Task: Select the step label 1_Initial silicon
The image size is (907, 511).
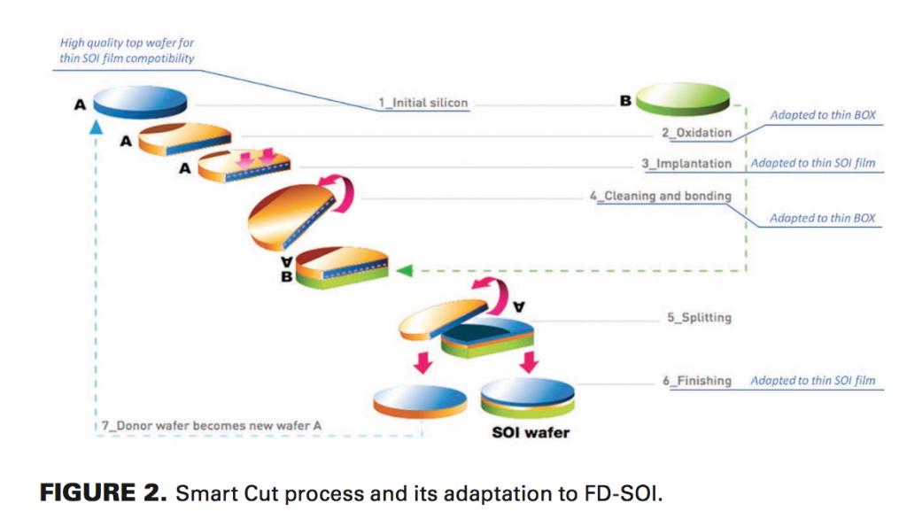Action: (422, 104)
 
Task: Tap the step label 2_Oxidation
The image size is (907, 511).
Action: (696, 133)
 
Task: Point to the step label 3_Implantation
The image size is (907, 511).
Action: (686, 164)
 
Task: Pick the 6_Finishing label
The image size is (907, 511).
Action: (699, 381)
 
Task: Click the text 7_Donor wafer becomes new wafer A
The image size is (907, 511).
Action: (212, 426)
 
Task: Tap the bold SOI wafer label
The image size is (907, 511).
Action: (531, 433)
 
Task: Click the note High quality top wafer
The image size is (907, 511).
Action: (127, 50)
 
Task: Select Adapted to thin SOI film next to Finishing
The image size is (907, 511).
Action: (812, 381)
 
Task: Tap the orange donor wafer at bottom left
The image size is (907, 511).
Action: (420, 401)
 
